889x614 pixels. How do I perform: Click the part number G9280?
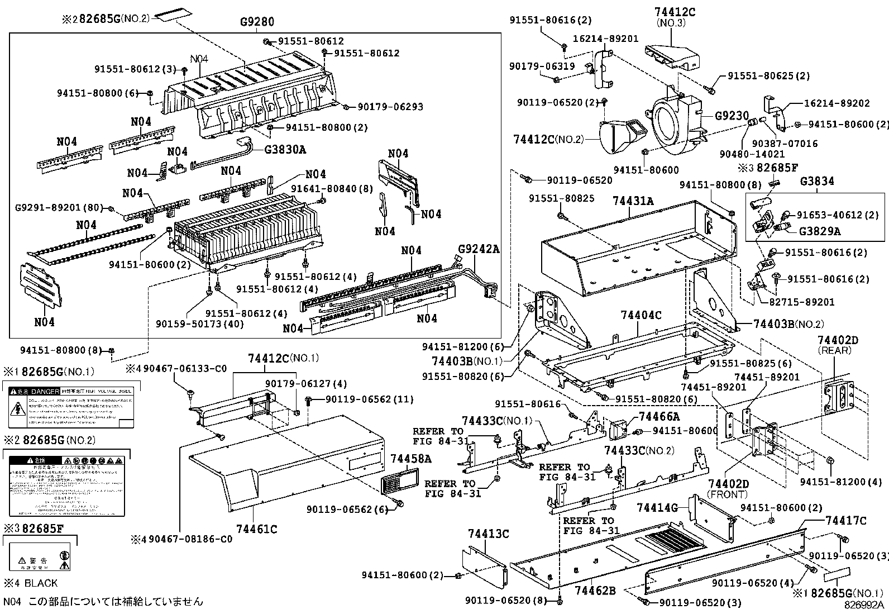(x=257, y=22)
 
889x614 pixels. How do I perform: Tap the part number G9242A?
(x=479, y=249)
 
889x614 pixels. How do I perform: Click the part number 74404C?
(x=641, y=315)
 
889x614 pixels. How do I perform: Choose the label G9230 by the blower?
(x=732, y=116)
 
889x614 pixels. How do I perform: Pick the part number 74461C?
(x=256, y=529)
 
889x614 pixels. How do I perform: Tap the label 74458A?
(x=411, y=459)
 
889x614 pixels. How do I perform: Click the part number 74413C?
(x=489, y=534)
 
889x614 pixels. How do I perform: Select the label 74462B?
(x=595, y=590)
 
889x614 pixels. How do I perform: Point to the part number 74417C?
(x=846, y=521)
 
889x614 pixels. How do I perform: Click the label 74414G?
(x=657, y=507)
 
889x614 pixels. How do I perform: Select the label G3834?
(x=817, y=181)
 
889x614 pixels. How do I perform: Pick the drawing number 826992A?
(x=864, y=605)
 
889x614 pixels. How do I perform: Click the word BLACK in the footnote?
(x=41, y=583)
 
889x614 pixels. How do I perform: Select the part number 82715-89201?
(x=802, y=302)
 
